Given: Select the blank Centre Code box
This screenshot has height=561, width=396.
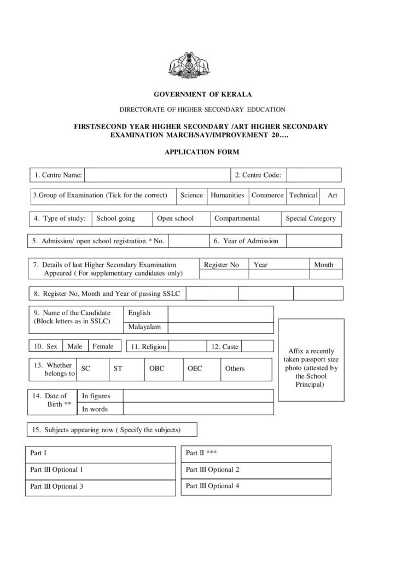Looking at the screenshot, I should coord(313,175).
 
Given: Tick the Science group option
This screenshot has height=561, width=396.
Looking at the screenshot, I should coord(191,196).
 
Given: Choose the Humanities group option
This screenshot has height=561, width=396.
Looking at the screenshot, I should coord(227,196).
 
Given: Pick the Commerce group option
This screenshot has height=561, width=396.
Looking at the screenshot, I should coord(267,196).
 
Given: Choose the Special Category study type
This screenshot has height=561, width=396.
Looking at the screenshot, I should coord(311,219).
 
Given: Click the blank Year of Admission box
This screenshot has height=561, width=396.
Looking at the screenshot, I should coord(313,241).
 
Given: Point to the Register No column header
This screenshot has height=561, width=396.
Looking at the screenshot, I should coord(222,265).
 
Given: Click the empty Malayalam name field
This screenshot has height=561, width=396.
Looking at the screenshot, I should coord(220,328).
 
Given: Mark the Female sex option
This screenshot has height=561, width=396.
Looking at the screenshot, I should coord(103,346).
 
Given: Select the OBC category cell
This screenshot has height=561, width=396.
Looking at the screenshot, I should coord(163,369).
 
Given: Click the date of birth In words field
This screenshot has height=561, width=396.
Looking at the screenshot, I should coord(197,409).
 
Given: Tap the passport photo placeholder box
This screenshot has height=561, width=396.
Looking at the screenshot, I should coord(311,359).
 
